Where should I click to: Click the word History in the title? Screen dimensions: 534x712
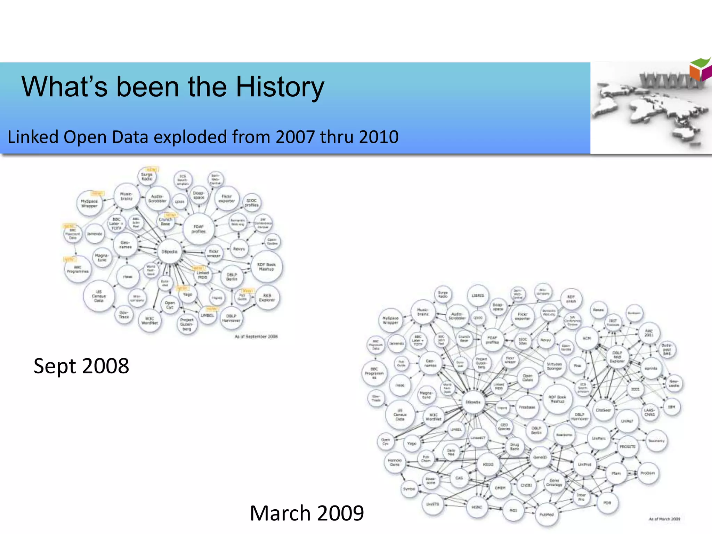[280, 87]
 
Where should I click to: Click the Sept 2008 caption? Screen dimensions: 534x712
[81, 366]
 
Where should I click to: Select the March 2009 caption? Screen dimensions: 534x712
[307, 513]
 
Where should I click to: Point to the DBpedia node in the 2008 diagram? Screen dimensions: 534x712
[170, 251]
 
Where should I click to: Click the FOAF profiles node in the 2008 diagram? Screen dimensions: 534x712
[199, 229]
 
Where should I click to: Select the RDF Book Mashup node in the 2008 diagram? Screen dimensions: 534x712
[266, 267]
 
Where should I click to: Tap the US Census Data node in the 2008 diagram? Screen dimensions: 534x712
[99, 296]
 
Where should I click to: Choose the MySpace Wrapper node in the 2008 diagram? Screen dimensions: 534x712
[89, 203]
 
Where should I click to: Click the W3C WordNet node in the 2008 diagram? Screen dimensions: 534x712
[149, 321]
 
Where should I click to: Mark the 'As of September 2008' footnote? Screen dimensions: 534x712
[256, 337]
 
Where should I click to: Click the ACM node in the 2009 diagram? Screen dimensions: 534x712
[587, 338]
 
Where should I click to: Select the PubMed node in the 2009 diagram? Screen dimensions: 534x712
[547, 515]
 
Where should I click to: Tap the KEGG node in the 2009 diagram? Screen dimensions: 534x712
[488, 464]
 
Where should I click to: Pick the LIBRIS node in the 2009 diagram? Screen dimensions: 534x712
[478, 296]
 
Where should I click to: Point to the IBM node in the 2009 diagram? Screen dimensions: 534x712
[672, 407]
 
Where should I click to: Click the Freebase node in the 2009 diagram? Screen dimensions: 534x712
[527, 407]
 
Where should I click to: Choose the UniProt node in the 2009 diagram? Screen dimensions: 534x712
[585, 464]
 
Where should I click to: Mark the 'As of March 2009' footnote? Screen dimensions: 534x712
[664, 519]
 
